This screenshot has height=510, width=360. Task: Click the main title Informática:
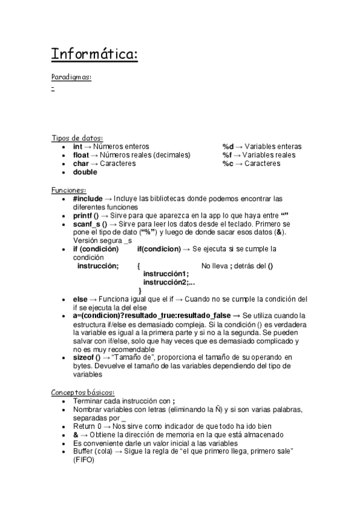point(94,55)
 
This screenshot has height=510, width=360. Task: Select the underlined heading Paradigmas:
point(72,77)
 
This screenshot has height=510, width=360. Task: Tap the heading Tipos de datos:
point(77,138)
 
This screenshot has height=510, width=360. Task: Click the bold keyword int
point(78,147)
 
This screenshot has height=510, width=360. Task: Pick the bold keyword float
point(81,155)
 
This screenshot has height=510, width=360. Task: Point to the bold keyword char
point(81,164)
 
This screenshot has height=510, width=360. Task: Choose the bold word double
point(85,172)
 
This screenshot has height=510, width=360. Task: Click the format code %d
point(228,147)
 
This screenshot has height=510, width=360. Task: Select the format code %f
point(227,155)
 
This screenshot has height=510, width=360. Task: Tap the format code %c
point(227,164)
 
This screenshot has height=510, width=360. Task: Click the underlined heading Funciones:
point(69,190)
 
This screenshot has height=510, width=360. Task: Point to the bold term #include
point(88,198)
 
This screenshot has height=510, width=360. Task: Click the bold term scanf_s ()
point(90,224)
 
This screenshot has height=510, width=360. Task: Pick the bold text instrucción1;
point(165,274)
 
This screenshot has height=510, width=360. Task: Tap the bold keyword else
point(80,299)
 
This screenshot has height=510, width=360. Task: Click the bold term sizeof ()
point(87,357)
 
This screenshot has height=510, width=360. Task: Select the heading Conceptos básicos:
point(82,392)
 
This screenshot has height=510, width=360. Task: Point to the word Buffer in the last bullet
point(84,451)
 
